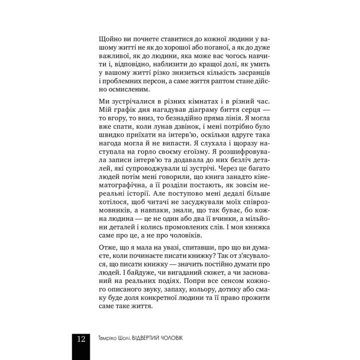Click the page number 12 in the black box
pos(81,338)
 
